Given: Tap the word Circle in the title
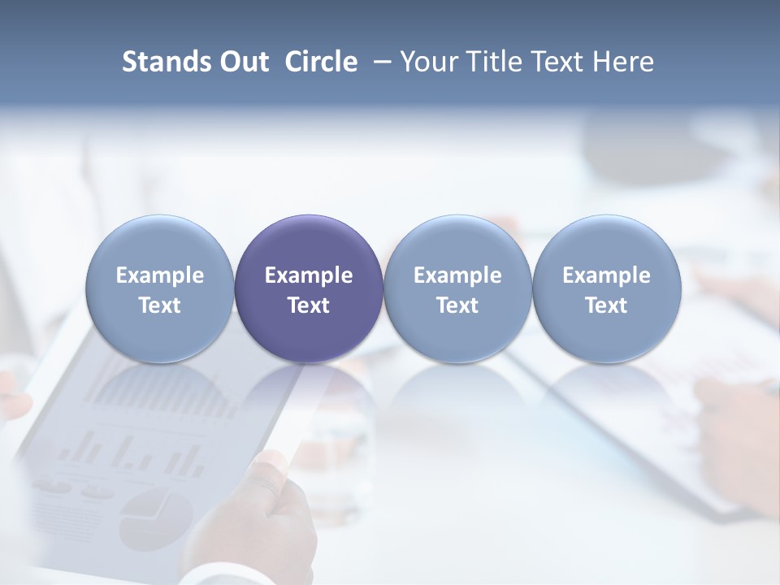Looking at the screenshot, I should (x=321, y=62).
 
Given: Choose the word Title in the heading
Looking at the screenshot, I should (x=496, y=62).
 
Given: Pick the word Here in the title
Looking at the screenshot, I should (x=623, y=62).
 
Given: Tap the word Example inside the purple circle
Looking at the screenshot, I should (x=309, y=275).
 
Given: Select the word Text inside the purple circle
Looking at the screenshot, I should (x=309, y=305).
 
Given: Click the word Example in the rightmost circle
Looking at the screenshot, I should (x=607, y=275).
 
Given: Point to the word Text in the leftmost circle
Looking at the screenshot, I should (x=160, y=305).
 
